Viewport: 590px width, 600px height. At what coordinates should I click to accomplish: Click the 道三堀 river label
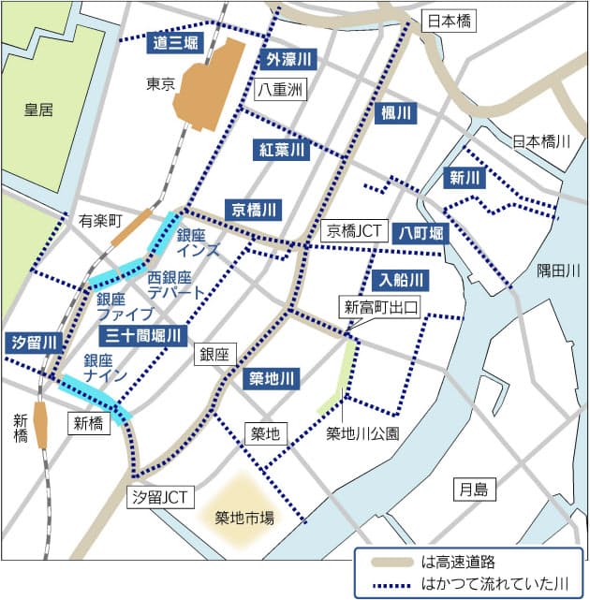175,42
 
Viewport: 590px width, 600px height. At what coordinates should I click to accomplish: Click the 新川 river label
465,178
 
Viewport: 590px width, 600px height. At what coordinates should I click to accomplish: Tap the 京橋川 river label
252,209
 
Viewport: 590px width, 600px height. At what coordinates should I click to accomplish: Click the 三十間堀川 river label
143,335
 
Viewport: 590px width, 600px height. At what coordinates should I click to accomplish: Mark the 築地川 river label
273,379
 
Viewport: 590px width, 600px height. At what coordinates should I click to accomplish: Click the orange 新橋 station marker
40,425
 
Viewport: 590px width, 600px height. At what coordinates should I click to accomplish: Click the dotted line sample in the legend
386,584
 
